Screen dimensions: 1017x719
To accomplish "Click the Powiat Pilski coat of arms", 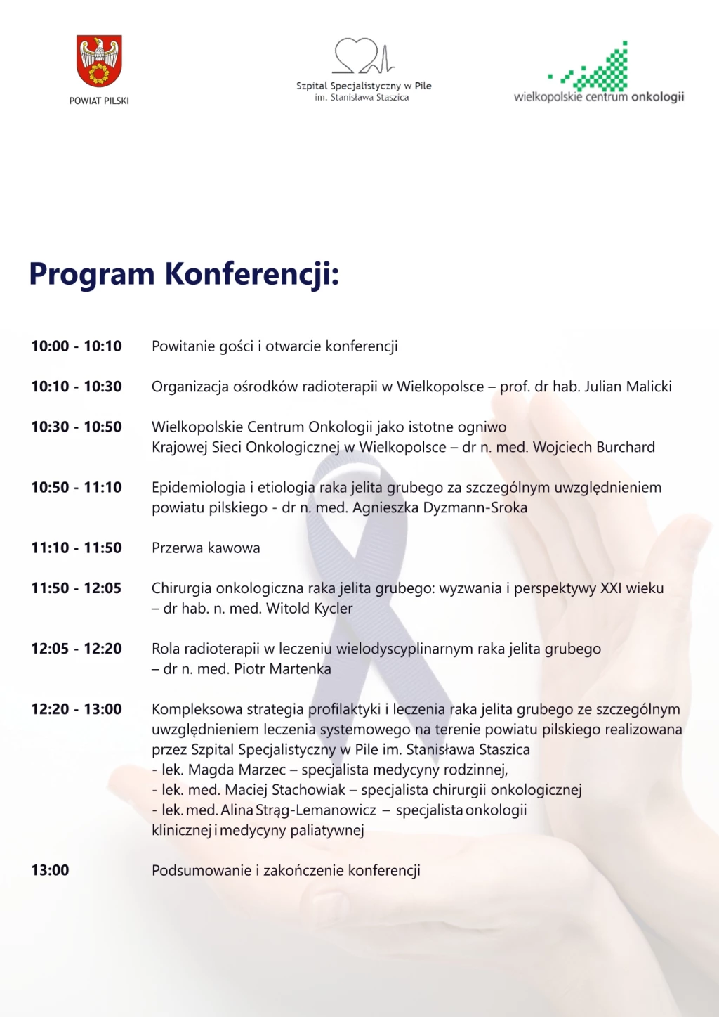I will [99, 61].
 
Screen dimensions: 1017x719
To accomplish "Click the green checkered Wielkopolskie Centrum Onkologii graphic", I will [597, 69].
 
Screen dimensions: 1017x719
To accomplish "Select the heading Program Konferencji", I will [184, 273].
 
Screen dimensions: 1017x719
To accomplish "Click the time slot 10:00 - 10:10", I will [77, 346].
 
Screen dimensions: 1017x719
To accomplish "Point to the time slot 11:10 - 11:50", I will [77, 548].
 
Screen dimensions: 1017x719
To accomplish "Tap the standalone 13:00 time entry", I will [51, 870].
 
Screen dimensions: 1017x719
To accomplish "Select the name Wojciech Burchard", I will [593, 447].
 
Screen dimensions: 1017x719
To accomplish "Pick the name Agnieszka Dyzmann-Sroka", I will [440, 507].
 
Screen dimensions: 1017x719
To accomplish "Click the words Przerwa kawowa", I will [206, 548].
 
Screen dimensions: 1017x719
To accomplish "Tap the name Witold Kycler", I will [310, 608].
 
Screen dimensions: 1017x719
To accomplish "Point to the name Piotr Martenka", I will [282, 668].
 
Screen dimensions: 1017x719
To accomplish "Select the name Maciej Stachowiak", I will [285, 790].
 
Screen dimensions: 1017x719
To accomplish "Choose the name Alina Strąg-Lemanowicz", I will [298, 810].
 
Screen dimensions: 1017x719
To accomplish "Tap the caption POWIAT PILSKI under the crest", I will [99, 101].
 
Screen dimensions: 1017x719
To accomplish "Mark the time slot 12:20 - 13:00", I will [77, 709].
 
